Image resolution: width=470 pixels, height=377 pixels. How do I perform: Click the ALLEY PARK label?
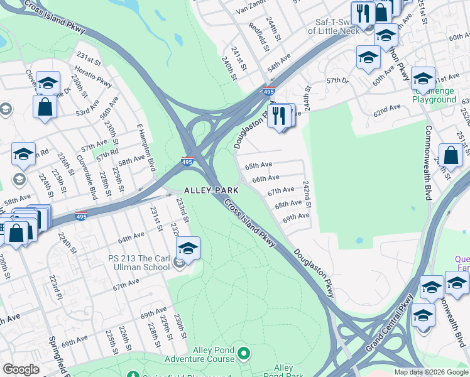pos(210,190)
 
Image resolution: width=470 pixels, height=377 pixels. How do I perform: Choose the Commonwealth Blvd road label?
pos(428,163)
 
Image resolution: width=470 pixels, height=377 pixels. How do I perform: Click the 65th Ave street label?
pos(258,166)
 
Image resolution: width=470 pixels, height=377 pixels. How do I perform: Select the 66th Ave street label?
pos(265,178)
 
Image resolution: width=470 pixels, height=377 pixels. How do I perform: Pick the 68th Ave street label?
pos(288,204)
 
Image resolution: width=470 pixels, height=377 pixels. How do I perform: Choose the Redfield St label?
pos(259,36)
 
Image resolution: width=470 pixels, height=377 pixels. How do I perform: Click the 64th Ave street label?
pos(131,237)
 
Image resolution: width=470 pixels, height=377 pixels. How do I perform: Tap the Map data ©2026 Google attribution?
pos(431,372)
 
